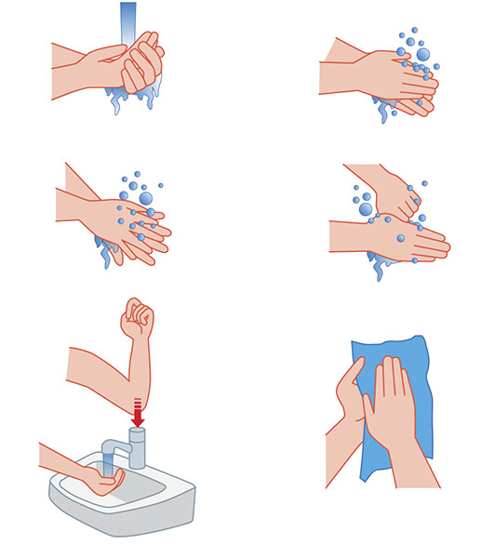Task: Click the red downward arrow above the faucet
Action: pos(138,415)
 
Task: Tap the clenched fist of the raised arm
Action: pos(138,321)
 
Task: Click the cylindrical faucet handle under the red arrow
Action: pos(138,448)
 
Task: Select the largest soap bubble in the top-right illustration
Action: pos(423,55)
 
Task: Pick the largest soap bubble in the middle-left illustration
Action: pos(146,197)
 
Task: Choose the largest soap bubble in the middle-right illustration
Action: pos(366,209)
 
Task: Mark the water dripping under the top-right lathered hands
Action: pos(383,110)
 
